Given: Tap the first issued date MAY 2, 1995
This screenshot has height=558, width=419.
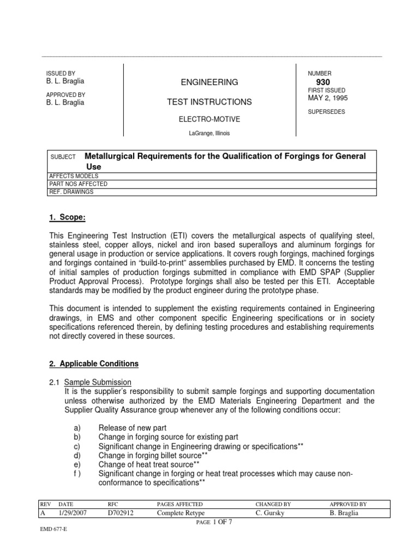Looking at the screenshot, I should pyautogui.click(x=328, y=98).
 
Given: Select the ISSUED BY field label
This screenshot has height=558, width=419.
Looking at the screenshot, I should pyautogui.click(x=60, y=73).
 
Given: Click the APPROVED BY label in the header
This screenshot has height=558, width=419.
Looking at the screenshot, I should pyautogui.click(x=64, y=94).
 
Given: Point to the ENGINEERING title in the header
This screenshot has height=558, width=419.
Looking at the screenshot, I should pyautogui.click(x=209, y=82).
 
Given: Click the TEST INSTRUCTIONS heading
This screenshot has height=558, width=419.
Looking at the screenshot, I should pyautogui.click(x=209, y=102).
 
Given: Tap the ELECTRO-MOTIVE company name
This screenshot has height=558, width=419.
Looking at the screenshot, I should pyautogui.click(x=209, y=118).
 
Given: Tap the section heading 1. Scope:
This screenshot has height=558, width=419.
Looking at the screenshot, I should pyautogui.click(x=68, y=218).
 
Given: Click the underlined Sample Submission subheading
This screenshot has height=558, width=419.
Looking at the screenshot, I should pyautogui.click(x=98, y=382).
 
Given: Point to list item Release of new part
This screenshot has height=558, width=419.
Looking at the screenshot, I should pyautogui.click(x=133, y=428).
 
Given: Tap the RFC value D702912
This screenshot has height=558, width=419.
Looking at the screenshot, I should pyautogui.click(x=121, y=513).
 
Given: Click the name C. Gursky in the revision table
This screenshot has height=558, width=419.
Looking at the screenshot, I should pyautogui.click(x=270, y=513).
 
